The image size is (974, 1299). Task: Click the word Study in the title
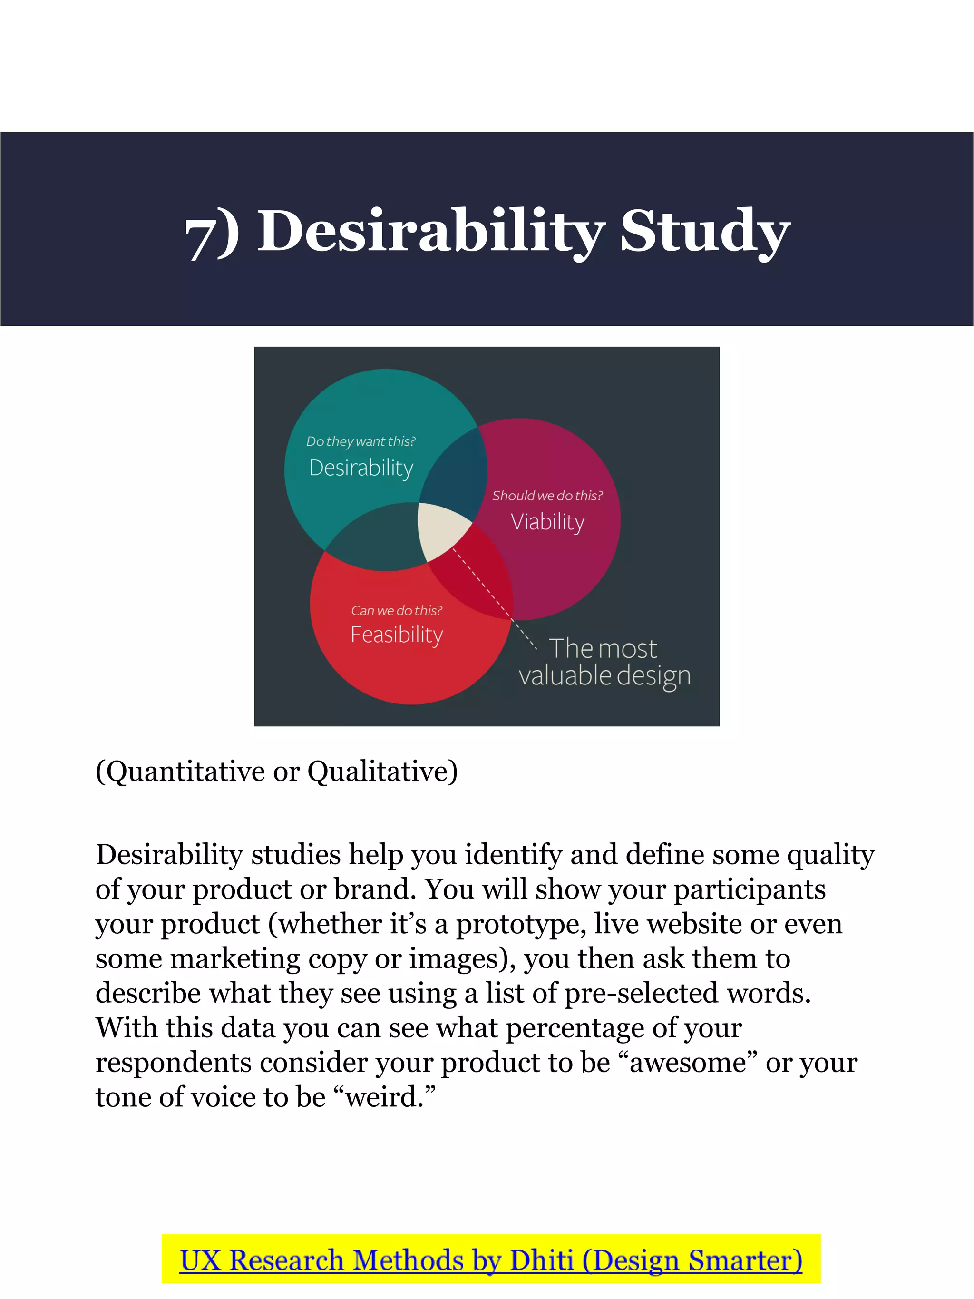[x=704, y=232]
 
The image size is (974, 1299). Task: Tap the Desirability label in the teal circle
[x=361, y=468]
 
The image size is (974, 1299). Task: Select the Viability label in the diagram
[x=547, y=521]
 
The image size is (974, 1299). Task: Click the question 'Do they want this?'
[x=360, y=441]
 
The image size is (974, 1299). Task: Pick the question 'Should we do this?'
[x=547, y=496]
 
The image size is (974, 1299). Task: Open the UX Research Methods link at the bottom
[x=491, y=1261]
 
